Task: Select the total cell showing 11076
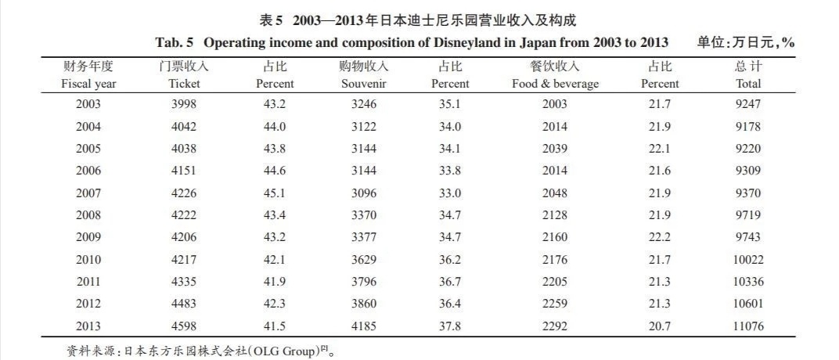[748, 326]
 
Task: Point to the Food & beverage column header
[555, 84]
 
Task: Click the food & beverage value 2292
[555, 326]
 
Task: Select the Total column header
[748, 84]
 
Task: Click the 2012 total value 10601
[748, 304]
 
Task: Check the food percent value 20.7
[660, 326]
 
